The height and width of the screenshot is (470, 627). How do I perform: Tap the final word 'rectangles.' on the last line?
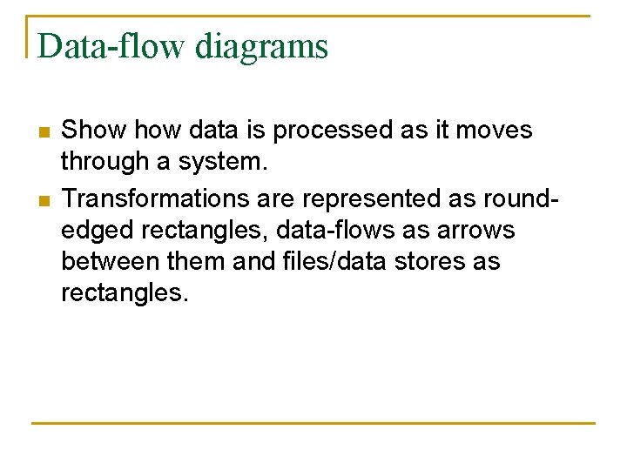[x=125, y=293]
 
